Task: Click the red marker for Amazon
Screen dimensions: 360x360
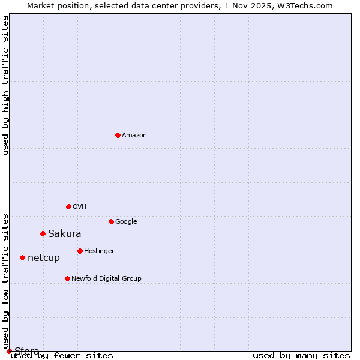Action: click(x=118, y=135)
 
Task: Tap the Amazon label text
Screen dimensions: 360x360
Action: click(x=134, y=136)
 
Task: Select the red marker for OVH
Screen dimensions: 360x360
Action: click(x=68, y=206)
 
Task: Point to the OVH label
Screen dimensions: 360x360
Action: click(x=80, y=207)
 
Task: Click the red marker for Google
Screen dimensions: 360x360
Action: click(x=111, y=221)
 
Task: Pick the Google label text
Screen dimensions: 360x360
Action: click(x=126, y=222)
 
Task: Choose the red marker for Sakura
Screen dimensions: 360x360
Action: click(x=43, y=233)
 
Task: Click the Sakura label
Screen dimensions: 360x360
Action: click(x=64, y=234)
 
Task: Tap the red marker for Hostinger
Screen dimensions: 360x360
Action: click(x=80, y=251)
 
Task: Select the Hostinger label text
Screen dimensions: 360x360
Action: click(x=99, y=251)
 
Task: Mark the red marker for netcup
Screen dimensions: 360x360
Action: click(x=22, y=257)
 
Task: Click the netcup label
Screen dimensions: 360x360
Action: click(x=44, y=258)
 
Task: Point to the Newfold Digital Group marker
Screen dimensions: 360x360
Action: click(x=67, y=278)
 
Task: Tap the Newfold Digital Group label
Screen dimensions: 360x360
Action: click(x=106, y=279)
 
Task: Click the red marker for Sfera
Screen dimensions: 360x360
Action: click(x=9, y=351)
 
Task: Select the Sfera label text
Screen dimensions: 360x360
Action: click(x=27, y=351)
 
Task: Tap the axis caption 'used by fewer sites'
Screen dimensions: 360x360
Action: click(x=62, y=356)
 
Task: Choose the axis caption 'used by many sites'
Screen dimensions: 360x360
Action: click(x=301, y=356)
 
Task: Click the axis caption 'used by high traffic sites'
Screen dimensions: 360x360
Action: click(x=6, y=85)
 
